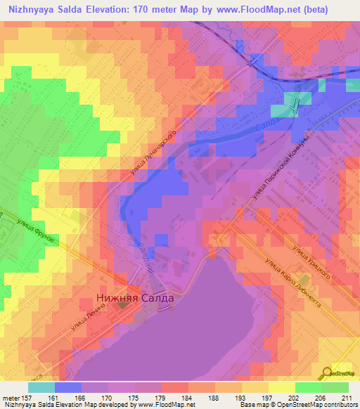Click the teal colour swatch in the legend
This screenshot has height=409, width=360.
coord(41,387)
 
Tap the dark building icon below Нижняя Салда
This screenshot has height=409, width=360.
coord(124,304)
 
